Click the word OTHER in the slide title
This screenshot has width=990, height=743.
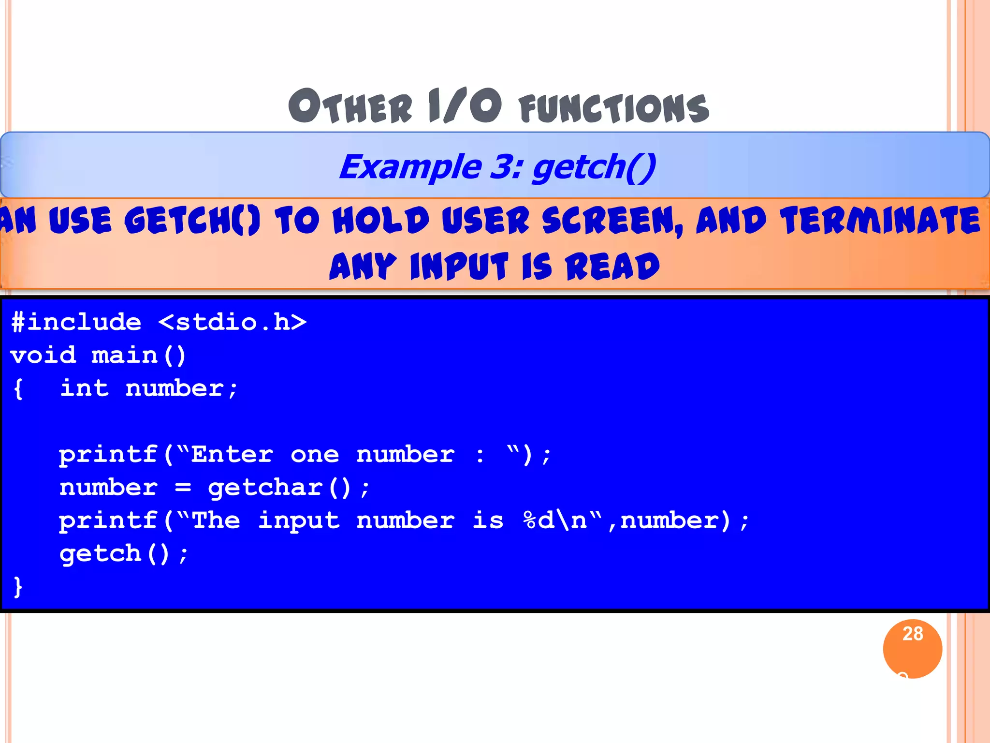350,106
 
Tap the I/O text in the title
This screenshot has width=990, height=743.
465,105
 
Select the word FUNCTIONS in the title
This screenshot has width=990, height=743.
614,108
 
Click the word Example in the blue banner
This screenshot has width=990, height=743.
410,167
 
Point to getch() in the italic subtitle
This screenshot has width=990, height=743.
594,167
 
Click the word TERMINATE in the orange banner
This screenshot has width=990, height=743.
880,221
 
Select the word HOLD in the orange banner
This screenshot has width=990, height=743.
381,221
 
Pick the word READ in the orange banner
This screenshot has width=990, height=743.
612,267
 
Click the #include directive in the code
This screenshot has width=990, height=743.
76,322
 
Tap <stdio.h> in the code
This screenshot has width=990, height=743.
233,322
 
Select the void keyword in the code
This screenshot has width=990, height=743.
44,356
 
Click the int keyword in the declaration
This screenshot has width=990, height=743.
85,388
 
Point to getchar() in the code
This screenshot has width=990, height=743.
280,488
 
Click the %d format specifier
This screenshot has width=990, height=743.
539,520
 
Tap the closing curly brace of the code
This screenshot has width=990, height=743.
18,587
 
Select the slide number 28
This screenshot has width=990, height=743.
913,634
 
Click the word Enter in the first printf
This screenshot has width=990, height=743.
232,455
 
